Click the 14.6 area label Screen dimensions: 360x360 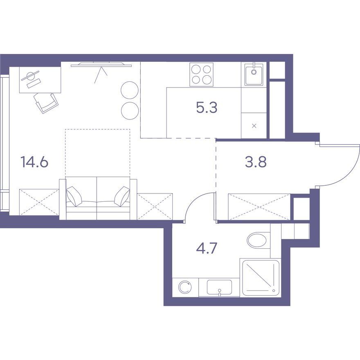pos(34,162)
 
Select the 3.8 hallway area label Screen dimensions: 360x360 pos(256,162)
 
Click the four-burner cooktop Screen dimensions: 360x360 pos(201,74)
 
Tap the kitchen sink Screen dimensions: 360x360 pos(254,74)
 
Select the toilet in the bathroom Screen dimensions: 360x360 pos(259,240)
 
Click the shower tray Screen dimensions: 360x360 pos(261,278)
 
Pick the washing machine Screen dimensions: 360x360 pos(185,287)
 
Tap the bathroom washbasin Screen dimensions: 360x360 pos(219,287)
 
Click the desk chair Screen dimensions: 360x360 pos(46,103)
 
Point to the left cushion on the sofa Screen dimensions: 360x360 pos(74,196)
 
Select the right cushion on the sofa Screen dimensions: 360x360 pos(122,196)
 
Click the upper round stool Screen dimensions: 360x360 pos(130,90)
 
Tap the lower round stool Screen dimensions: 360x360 pos(130,111)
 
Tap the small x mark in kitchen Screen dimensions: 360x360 pos(254,126)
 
